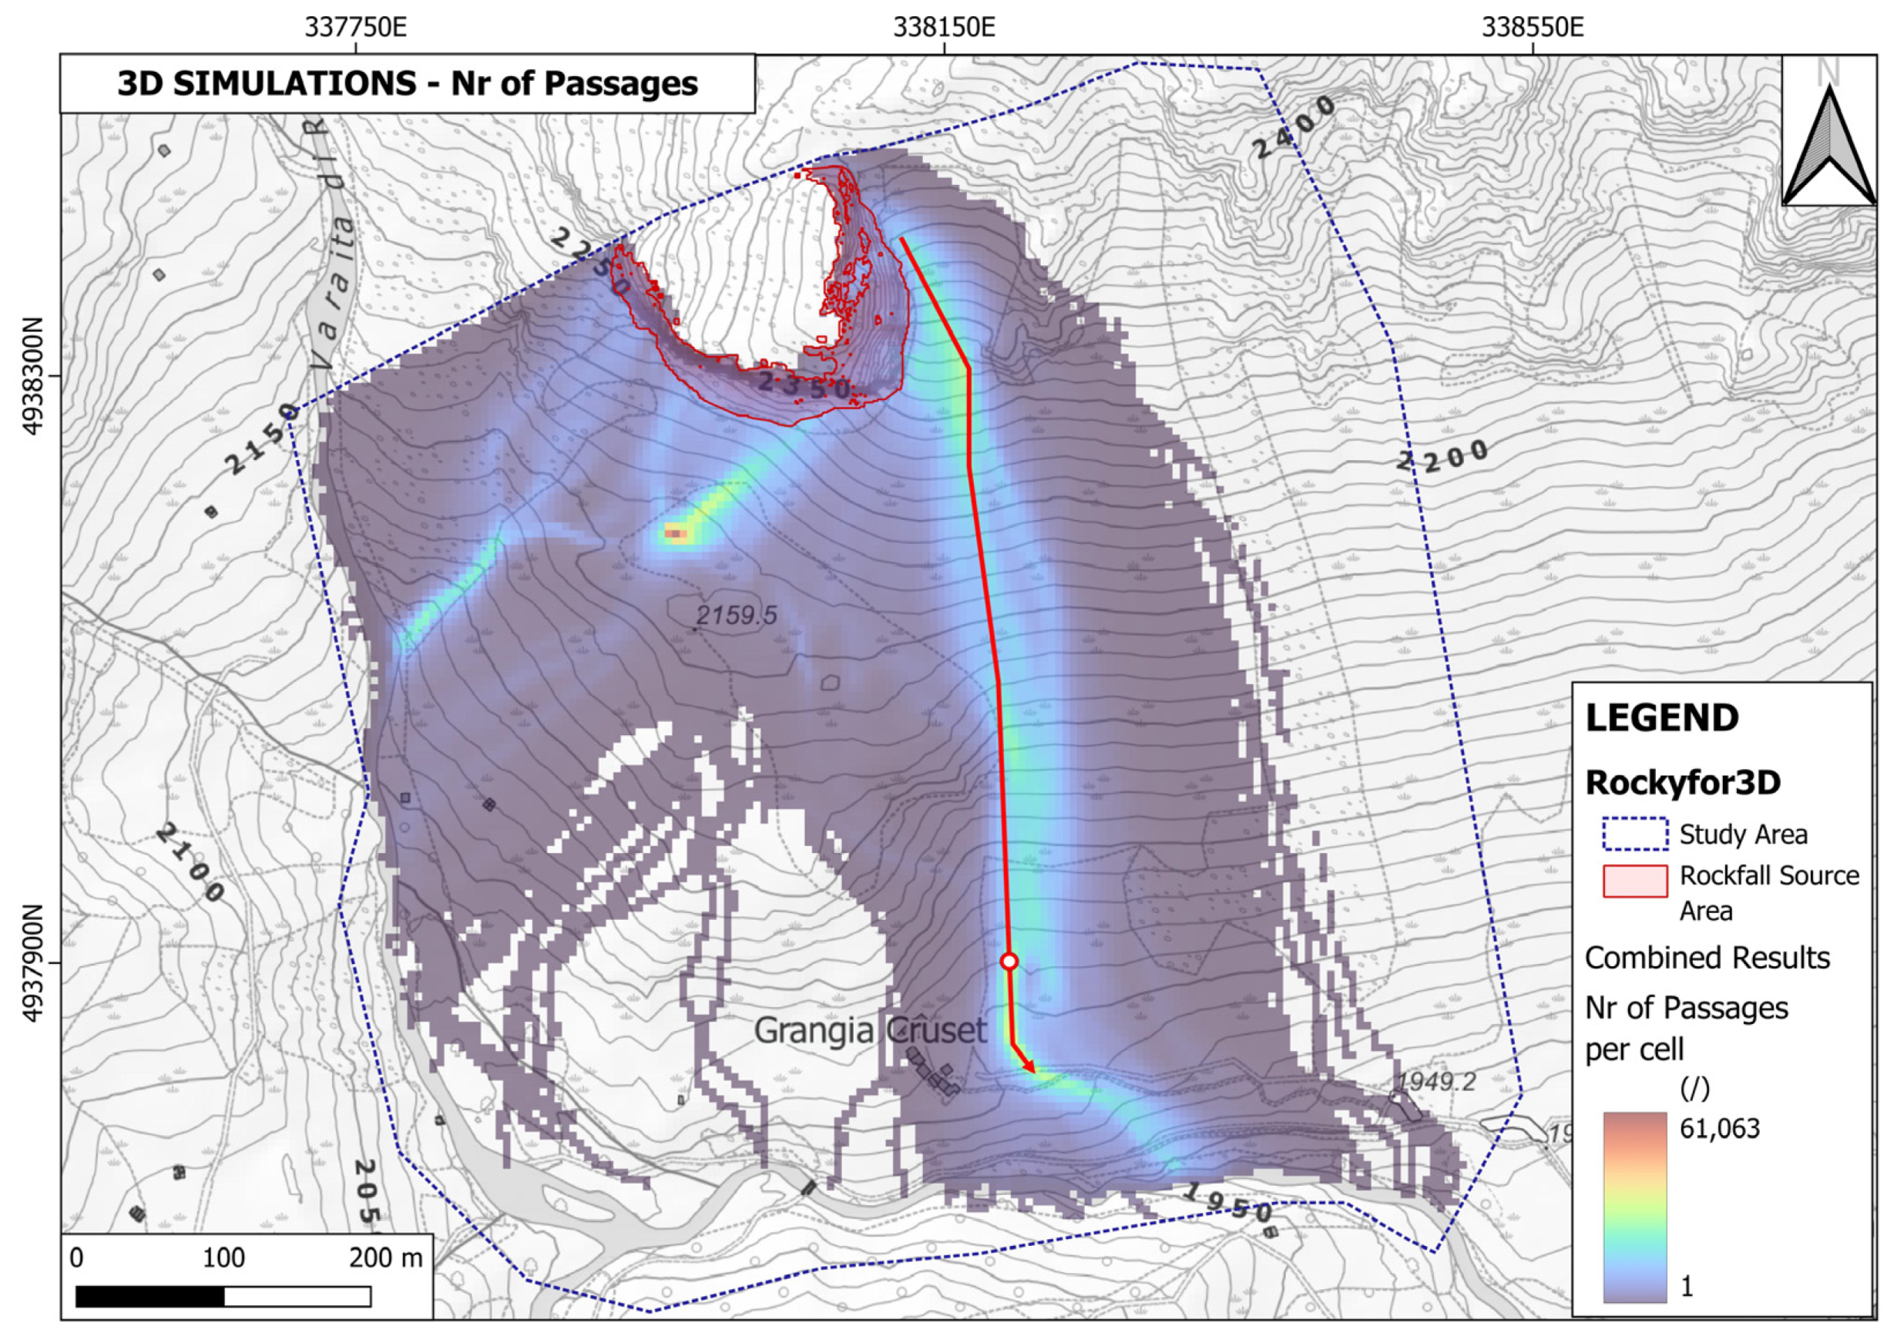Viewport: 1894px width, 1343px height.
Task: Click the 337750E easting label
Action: (356, 27)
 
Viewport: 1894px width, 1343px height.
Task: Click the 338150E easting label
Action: (944, 27)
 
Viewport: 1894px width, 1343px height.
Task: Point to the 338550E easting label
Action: (1532, 27)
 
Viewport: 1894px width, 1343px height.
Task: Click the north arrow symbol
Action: (1829, 149)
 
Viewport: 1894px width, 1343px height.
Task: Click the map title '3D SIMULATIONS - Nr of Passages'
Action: (407, 83)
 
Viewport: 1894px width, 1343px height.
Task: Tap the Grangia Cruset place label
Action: (870, 1030)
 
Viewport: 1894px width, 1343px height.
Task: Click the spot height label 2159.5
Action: (736, 616)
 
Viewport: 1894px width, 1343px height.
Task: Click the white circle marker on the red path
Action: (1008, 961)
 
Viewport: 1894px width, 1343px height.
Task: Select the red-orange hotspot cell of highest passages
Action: (676, 534)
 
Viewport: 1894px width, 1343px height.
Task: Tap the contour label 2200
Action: (1442, 455)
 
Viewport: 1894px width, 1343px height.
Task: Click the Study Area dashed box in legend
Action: (1634, 834)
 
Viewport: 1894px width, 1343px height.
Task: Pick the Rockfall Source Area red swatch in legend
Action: (1634, 881)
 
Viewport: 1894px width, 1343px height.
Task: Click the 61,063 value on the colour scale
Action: (1720, 1129)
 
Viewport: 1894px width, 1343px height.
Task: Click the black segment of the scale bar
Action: (149, 1297)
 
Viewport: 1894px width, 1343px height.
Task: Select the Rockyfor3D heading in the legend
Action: (1682, 782)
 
